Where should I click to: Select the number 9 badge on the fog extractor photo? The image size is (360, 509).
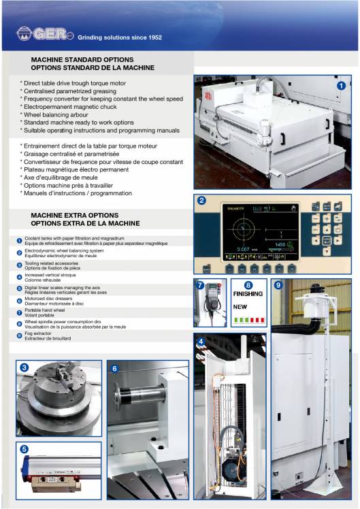pyautogui.click(x=278, y=286)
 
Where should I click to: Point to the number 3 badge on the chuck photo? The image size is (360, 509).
pyautogui.click(x=24, y=368)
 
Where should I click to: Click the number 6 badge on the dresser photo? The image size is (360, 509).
pyautogui.click(x=115, y=369)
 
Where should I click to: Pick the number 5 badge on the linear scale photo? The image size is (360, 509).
pyautogui.click(x=24, y=449)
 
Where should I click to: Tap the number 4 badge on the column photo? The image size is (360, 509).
pyautogui.click(x=201, y=340)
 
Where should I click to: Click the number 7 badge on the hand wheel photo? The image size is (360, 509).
pyautogui.click(x=201, y=286)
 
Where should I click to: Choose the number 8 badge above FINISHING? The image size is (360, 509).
pyautogui.click(x=248, y=285)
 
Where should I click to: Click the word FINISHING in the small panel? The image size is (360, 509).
pyautogui.click(x=248, y=295)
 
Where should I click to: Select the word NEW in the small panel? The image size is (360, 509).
pyautogui.click(x=241, y=307)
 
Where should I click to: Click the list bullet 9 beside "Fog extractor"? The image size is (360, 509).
pyautogui.click(x=19, y=335)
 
